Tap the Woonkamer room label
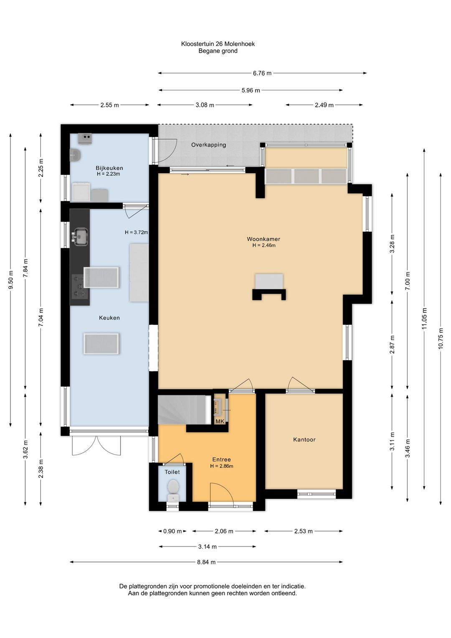click(x=263, y=239)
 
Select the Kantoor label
click(x=304, y=439)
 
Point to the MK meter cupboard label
click(x=220, y=421)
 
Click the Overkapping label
click(x=208, y=145)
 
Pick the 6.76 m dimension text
click(x=262, y=73)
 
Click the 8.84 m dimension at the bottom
click(x=206, y=562)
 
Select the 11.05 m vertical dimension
click(x=424, y=319)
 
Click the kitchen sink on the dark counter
click(x=81, y=236)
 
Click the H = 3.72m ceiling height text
click(x=136, y=232)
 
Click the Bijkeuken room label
click(x=109, y=168)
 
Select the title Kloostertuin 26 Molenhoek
click(x=218, y=44)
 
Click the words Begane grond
click(x=218, y=51)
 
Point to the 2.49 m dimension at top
click(x=324, y=105)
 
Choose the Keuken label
click(x=109, y=318)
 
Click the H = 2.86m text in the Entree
click(x=222, y=466)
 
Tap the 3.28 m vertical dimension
click(x=392, y=243)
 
